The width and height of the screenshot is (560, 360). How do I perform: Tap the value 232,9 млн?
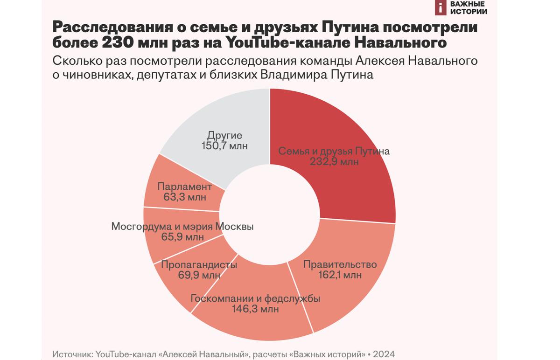point(334,162)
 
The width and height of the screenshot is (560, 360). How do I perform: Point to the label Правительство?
point(340,264)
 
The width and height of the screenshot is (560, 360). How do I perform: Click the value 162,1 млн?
point(340,275)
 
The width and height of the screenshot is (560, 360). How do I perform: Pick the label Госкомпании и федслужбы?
point(255,298)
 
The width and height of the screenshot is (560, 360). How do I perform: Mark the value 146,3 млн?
point(255,309)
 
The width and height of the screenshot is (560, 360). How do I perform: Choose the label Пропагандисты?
point(199,265)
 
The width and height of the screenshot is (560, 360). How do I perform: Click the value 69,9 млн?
point(199,275)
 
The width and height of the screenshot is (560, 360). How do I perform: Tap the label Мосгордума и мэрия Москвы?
point(182,227)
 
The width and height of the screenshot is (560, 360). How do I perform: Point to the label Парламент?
point(185,187)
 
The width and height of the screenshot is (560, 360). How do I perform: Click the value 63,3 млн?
point(185,197)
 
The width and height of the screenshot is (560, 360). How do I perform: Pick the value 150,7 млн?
point(225,146)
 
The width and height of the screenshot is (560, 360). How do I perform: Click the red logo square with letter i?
point(440,7)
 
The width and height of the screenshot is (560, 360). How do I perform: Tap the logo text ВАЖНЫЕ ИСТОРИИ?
point(469,7)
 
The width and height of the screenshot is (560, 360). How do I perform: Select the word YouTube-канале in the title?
point(286,43)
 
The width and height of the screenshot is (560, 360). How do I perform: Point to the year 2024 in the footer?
point(385,354)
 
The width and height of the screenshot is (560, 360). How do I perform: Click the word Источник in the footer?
point(72,354)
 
